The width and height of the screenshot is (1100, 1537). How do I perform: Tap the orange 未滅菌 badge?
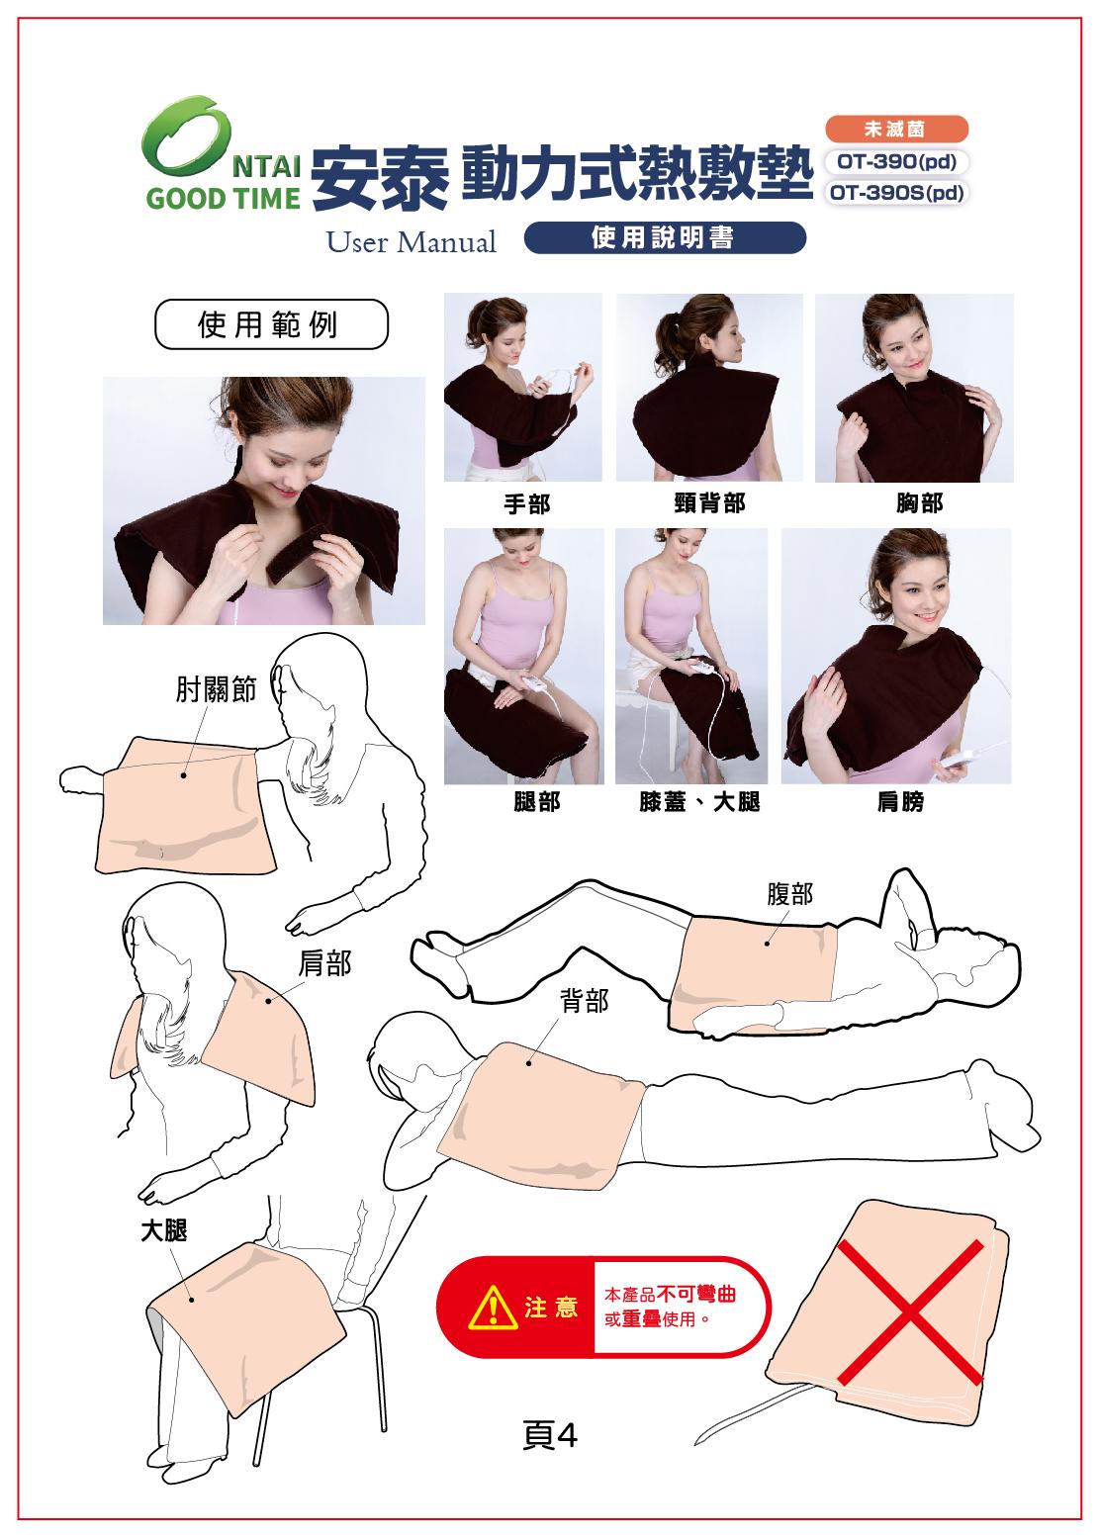(x=895, y=129)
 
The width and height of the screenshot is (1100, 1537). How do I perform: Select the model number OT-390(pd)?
(x=895, y=161)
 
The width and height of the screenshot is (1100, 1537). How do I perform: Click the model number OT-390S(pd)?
(x=896, y=194)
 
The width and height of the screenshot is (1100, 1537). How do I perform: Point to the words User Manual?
(x=412, y=242)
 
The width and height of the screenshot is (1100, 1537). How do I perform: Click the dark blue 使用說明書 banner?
(x=664, y=238)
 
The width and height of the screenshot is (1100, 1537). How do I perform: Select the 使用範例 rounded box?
(x=270, y=324)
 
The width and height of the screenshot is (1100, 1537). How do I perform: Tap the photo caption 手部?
(x=526, y=504)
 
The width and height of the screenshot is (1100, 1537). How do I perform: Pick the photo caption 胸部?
(x=919, y=503)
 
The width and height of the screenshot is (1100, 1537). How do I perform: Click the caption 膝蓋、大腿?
(x=699, y=802)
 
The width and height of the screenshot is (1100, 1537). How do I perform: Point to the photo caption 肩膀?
(x=899, y=802)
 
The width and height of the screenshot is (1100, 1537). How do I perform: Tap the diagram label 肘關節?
(x=216, y=691)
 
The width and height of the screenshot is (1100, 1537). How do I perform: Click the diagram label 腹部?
(x=790, y=894)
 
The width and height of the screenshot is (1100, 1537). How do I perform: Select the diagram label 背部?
(x=584, y=1002)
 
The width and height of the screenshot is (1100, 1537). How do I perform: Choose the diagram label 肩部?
(x=324, y=963)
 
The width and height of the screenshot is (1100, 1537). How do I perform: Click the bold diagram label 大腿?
(x=162, y=1229)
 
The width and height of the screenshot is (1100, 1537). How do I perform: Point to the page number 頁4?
(x=549, y=1435)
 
